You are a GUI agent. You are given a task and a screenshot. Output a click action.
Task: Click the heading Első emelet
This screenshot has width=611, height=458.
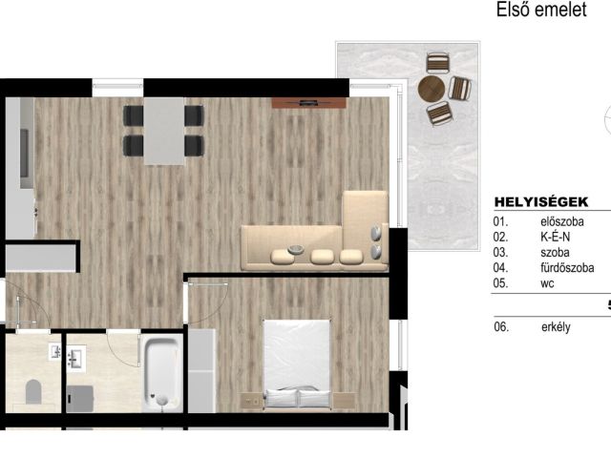pyautogui.click(x=541, y=10)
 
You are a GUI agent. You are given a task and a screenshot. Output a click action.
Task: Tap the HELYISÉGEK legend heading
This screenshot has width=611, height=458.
pyautogui.click(x=541, y=201)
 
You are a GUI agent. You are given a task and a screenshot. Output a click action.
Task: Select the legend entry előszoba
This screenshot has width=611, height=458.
pyautogui.click(x=562, y=221)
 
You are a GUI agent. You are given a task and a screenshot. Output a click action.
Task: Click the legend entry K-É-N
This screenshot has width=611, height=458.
pyautogui.click(x=555, y=237)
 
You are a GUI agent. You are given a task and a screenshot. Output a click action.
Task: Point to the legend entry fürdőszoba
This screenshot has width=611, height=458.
pyautogui.click(x=567, y=268)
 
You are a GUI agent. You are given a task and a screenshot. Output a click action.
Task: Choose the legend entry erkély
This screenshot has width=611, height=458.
pyautogui.click(x=556, y=326)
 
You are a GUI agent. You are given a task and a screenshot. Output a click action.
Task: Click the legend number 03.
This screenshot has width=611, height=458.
pyautogui.click(x=500, y=252)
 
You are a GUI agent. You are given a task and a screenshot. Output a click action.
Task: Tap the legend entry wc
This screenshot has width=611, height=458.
pyautogui.click(x=547, y=283)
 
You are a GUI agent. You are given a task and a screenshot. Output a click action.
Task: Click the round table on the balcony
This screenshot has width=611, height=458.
pyautogui.click(x=432, y=89)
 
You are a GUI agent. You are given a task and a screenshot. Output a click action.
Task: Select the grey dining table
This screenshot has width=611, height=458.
pyautogui.click(x=164, y=132)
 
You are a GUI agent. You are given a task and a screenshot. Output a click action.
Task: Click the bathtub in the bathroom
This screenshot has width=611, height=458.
pyautogui.click(x=161, y=373)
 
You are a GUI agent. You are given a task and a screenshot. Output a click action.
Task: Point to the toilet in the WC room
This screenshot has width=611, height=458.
pyautogui.click(x=33, y=392)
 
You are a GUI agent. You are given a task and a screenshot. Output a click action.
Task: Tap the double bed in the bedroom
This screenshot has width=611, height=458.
pyautogui.click(x=297, y=364)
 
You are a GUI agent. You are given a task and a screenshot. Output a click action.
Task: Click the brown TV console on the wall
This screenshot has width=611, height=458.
pyautogui.click(x=308, y=103)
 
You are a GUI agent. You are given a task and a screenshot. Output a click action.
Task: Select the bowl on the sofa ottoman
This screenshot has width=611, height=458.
pyautogui.click(x=296, y=249)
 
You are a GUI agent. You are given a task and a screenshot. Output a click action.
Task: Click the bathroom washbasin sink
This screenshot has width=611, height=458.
pyautogui.click(x=76, y=358)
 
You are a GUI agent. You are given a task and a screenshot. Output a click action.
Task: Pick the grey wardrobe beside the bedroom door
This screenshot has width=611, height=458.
pyautogui.click(x=201, y=371)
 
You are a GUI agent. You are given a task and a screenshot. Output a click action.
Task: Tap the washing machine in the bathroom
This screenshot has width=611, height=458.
pyautogui.click(x=80, y=399)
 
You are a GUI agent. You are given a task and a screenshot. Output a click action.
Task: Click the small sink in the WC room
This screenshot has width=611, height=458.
pyautogui.click(x=55, y=351)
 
